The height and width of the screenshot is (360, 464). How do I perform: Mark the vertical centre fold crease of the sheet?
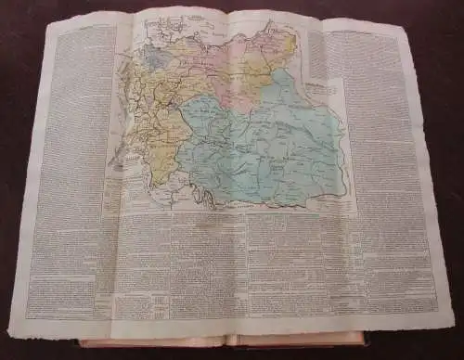[x=226, y=186]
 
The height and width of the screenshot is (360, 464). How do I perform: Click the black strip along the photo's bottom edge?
[x=232, y=355]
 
